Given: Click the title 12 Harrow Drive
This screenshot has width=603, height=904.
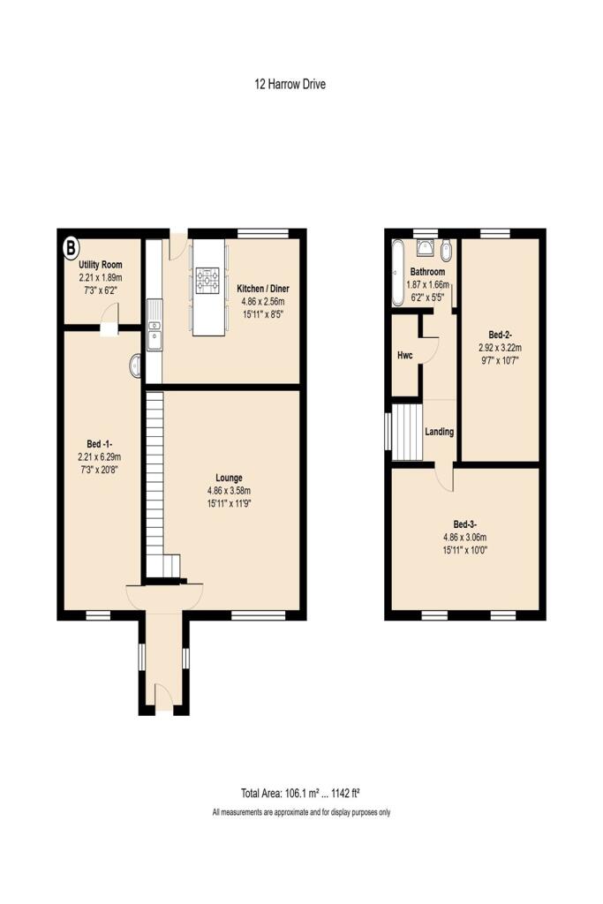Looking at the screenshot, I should coord(290,85).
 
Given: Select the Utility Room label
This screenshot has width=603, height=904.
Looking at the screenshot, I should coord(100,264).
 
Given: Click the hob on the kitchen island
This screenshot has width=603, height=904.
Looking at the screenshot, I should coord(208,281).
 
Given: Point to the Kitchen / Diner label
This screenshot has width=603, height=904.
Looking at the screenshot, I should coord(263,289).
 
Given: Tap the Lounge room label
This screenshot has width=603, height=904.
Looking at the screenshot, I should coord(229,478).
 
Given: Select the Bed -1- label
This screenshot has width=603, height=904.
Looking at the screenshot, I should coord(99,443).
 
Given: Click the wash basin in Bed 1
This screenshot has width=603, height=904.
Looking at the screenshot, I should coord(135,365).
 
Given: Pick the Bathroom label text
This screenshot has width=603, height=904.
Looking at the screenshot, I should coord(427,272).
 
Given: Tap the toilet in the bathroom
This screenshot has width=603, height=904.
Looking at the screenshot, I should coord(446,250).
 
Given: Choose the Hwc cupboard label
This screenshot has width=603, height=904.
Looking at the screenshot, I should coord(405,355).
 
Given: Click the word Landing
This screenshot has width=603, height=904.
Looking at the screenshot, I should coord(440,432).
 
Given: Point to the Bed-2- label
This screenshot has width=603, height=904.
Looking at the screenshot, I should coord(501,335).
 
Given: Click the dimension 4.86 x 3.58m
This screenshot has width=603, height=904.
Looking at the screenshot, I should coord(229,491).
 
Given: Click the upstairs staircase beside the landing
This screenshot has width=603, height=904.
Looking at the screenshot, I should coord(408,432).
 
